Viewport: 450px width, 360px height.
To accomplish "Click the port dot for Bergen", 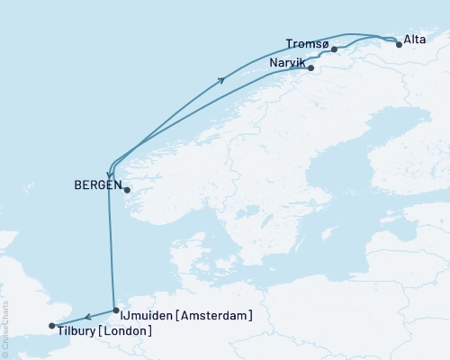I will pos(127,190).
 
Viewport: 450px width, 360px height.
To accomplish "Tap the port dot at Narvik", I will pos(310,67).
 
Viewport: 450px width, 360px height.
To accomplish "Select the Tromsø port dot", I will pos(334,49).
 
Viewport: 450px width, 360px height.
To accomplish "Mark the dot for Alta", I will pos(399,42).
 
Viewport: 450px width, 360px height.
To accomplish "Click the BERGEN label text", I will pos(96,187).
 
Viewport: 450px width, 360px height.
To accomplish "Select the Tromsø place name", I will pos(302,43).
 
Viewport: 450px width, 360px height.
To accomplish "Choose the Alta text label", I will pos(415,40).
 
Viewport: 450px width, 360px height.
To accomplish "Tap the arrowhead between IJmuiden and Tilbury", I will pos(88,316).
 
